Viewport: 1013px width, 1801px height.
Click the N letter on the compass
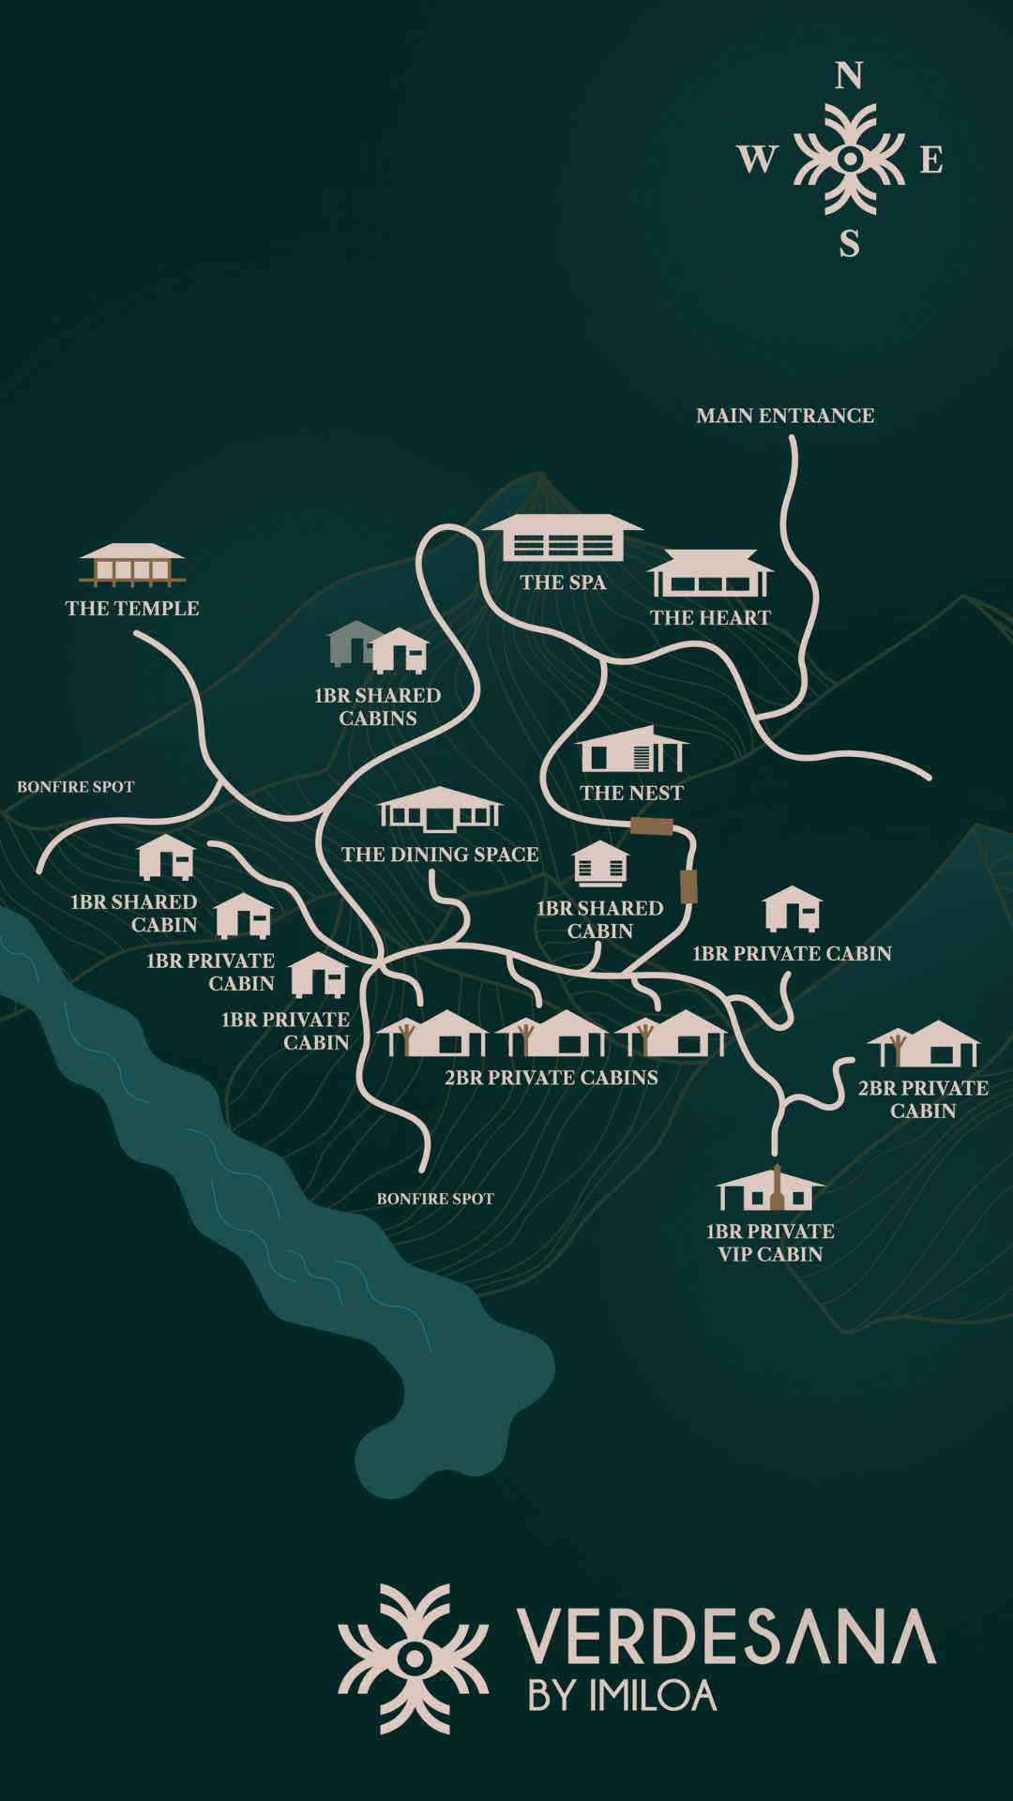pyautogui.click(x=849, y=76)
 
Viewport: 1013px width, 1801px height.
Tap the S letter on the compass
pyautogui.click(x=849, y=244)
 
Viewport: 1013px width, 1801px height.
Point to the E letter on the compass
pyautogui.click(x=930, y=161)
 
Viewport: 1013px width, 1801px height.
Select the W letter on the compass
pyautogui.click(x=757, y=160)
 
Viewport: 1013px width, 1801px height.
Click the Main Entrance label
pyautogui.click(x=785, y=416)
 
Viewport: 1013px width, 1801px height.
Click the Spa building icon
pyautogui.click(x=563, y=537)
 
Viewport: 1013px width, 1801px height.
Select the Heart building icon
pyautogui.click(x=710, y=573)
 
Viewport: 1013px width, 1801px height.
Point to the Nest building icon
pyautogui.click(x=631, y=750)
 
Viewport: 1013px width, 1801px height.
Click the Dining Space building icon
pyautogui.click(x=440, y=810)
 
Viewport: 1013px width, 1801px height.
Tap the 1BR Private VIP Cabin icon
pyautogui.click(x=771, y=1189)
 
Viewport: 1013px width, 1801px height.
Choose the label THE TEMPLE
pyautogui.click(x=132, y=608)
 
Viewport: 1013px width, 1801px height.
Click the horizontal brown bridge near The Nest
pyautogui.click(x=652, y=826)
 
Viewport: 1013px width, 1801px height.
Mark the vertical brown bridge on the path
pyautogui.click(x=688, y=886)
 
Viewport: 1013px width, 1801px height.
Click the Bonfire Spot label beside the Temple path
pyautogui.click(x=76, y=787)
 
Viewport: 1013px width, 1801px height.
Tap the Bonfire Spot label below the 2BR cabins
pyautogui.click(x=435, y=1199)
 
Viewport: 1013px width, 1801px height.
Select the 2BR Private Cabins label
pyautogui.click(x=552, y=1077)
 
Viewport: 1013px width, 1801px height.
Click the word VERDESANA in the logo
pyautogui.click(x=726, y=1637)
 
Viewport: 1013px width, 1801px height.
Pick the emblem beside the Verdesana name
pyautogui.click(x=413, y=1658)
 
